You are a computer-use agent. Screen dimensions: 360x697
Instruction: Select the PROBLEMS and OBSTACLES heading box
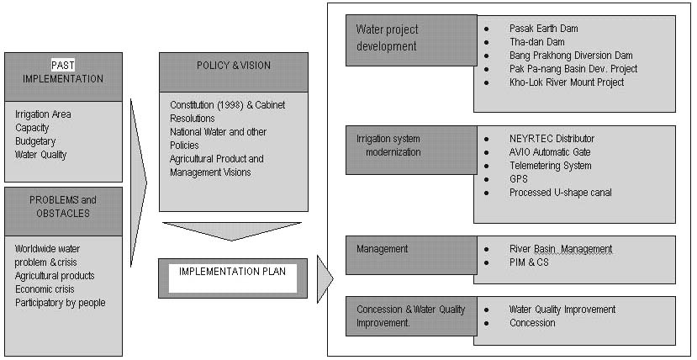click(63, 207)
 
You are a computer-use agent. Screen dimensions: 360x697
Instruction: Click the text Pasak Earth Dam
click(543, 29)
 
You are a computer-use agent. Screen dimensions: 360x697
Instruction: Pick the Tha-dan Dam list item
click(536, 42)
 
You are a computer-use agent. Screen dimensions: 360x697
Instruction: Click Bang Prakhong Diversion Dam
click(570, 56)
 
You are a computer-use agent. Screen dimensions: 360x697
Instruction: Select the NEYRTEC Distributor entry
click(552, 139)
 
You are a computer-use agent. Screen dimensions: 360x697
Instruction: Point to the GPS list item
click(519, 179)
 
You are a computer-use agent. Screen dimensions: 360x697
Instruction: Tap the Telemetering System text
click(550, 166)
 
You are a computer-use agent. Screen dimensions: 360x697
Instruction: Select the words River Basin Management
click(560, 249)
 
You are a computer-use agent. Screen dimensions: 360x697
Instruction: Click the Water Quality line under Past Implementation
click(41, 155)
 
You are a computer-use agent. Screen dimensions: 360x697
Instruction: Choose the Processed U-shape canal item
click(560, 193)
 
